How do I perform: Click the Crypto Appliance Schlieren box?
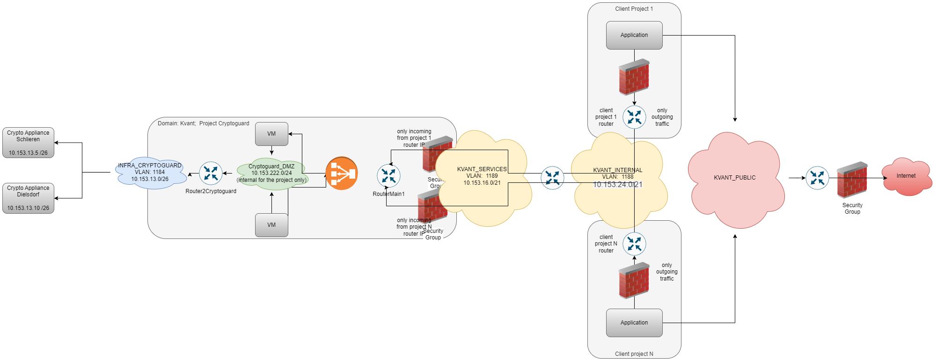(28, 143)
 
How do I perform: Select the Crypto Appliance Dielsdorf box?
(28, 198)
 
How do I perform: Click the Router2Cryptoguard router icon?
(211, 173)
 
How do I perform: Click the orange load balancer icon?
(342, 173)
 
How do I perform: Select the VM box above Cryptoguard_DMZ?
(271, 134)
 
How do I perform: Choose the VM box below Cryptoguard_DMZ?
(271, 225)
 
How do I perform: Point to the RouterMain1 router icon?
(388, 176)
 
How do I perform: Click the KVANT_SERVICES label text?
(482, 169)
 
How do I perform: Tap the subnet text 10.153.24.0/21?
(618, 185)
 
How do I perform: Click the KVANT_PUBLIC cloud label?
(734, 178)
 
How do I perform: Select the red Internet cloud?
(906, 176)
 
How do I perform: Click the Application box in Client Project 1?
(634, 35)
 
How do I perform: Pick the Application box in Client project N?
(634, 323)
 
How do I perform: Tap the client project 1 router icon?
(634, 117)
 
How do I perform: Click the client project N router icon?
(634, 244)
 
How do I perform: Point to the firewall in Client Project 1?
(634, 77)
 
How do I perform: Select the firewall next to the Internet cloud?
(852, 180)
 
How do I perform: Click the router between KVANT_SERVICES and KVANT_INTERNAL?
(552, 178)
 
